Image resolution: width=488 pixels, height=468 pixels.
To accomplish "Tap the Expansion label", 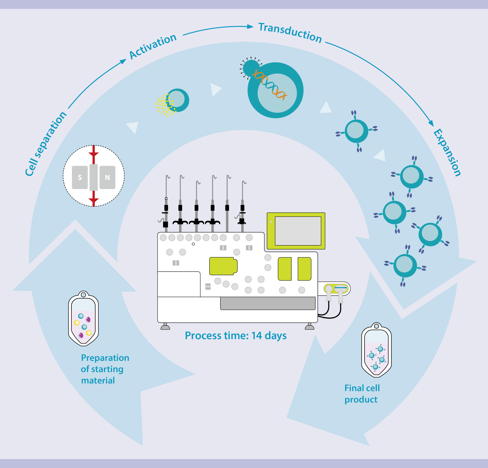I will tap(447, 152).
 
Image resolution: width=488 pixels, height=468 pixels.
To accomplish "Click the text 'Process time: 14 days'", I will tap(236, 336).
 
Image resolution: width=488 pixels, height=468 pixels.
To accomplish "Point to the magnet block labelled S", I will tap(80, 177).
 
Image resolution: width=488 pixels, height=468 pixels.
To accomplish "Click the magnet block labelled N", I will tap(107, 177).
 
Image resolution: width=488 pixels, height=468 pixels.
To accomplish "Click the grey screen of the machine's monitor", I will tap(298, 231).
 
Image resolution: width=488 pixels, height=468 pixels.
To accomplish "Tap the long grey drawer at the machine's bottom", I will tap(268, 303).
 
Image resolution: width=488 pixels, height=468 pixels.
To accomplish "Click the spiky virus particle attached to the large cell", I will tap(251, 68).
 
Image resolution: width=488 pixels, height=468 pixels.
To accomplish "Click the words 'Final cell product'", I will tap(362, 394).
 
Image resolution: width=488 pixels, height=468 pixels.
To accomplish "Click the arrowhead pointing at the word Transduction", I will tap(251, 27).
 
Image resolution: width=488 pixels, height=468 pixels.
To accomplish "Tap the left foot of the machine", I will tap(165, 327).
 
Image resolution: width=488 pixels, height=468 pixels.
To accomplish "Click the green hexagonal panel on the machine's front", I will tap(223, 266).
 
